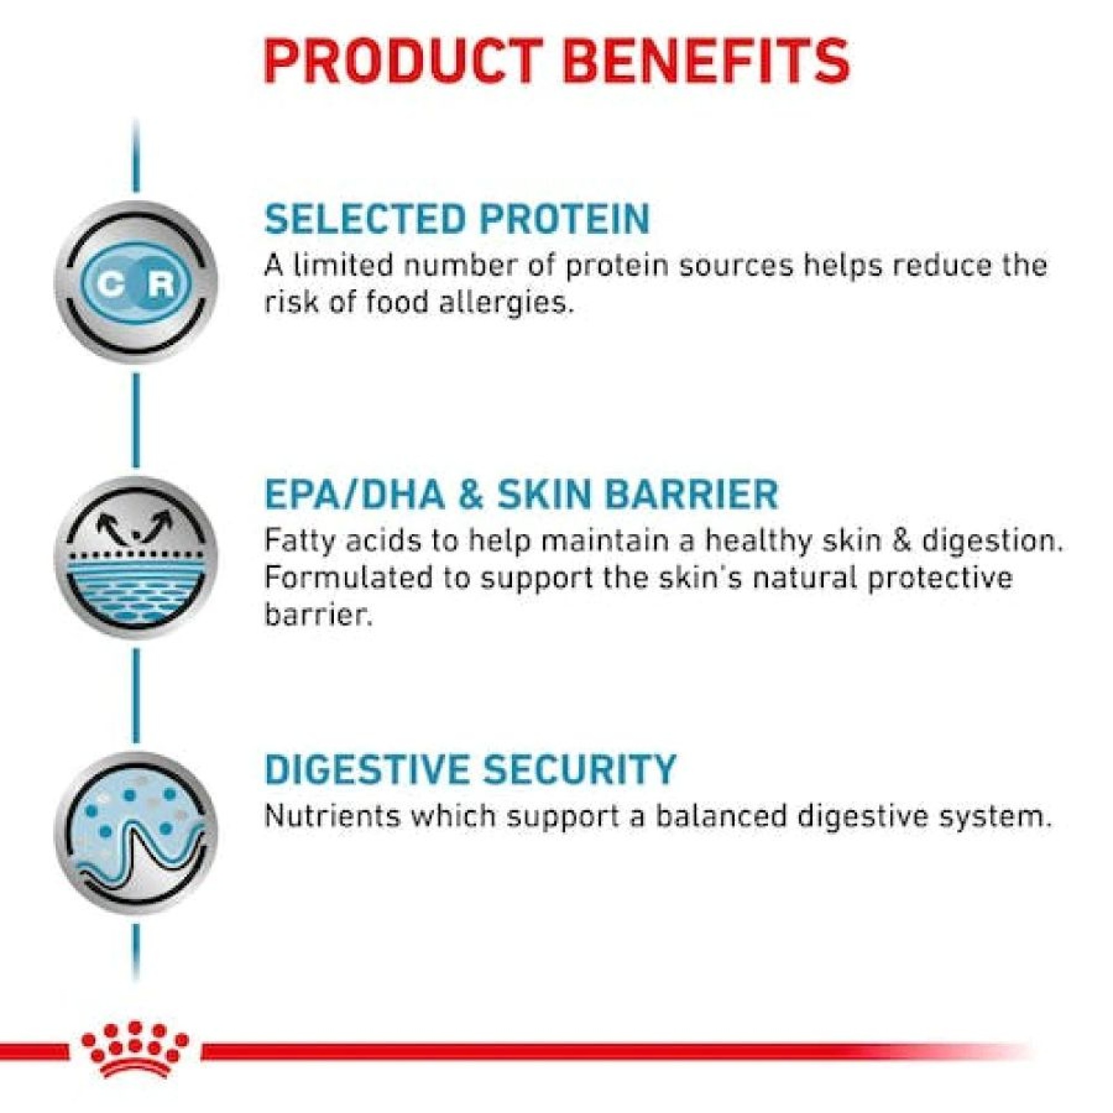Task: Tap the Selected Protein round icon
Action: click(136, 282)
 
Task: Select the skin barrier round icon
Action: click(136, 558)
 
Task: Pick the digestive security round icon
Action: click(136, 833)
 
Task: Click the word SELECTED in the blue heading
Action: click(365, 218)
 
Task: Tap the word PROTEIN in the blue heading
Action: click(566, 218)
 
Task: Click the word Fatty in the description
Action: click(301, 542)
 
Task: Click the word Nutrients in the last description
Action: click(331, 816)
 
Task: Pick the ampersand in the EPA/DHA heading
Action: click(471, 494)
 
